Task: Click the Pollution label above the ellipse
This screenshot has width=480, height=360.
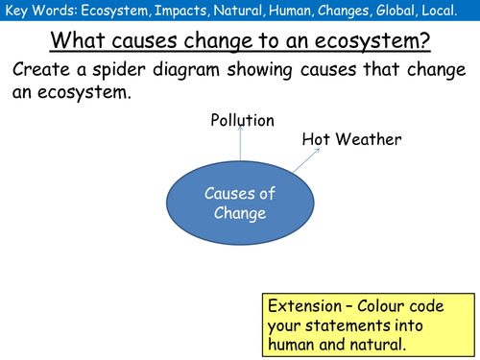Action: tap(242, 121)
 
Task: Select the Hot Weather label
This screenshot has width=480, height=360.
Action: tap(351, 139)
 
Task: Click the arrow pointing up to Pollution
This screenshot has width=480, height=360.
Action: tap(241, 147)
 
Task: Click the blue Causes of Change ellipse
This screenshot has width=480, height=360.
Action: tap(240, 204)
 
